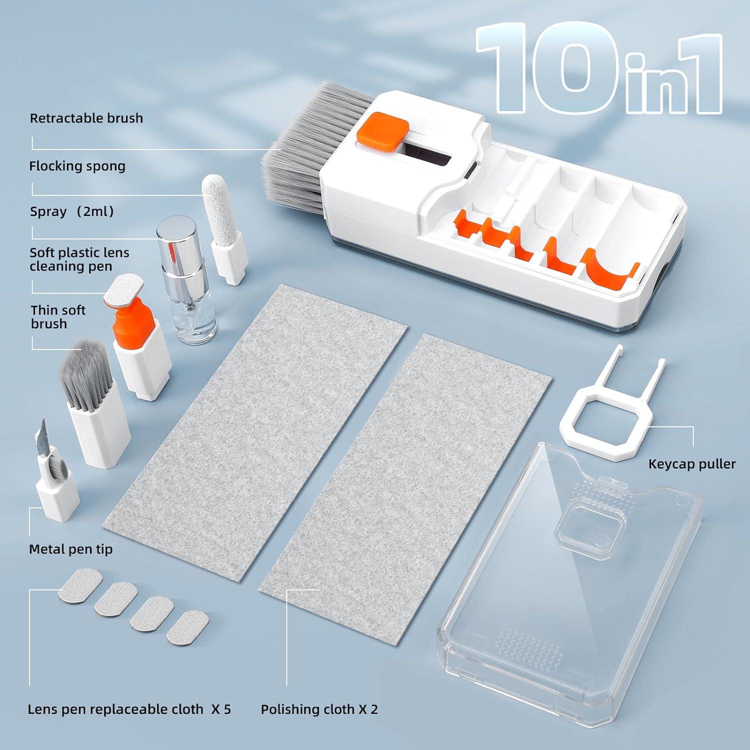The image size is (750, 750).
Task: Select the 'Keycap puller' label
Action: [691, 464]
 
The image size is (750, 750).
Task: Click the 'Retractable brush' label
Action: [86, 118]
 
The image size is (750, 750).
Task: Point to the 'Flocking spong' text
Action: [77, 166]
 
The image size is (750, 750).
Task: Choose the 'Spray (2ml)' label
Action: [72, 211]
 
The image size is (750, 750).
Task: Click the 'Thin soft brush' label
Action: [58, 317]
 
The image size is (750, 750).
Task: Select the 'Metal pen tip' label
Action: [70, 549]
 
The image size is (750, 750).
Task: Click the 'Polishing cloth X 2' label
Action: [319, 709]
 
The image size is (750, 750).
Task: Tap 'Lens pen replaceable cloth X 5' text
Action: [129, 709]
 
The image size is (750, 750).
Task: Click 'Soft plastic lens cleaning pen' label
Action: [79, 259]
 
